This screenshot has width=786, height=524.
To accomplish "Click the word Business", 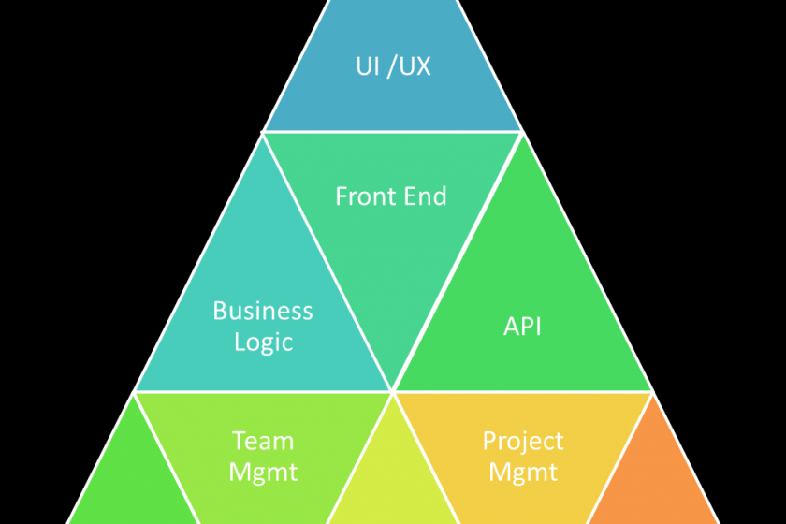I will point(263,310).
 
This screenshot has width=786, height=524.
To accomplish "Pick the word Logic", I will point(263,342).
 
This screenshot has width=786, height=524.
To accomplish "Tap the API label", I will point(522,327).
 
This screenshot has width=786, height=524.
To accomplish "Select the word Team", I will point(263,441).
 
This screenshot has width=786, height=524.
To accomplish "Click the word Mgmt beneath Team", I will point(263,472).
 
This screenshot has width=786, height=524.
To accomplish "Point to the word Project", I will point(523,441).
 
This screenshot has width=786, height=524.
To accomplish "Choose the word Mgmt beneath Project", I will point(523,472).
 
